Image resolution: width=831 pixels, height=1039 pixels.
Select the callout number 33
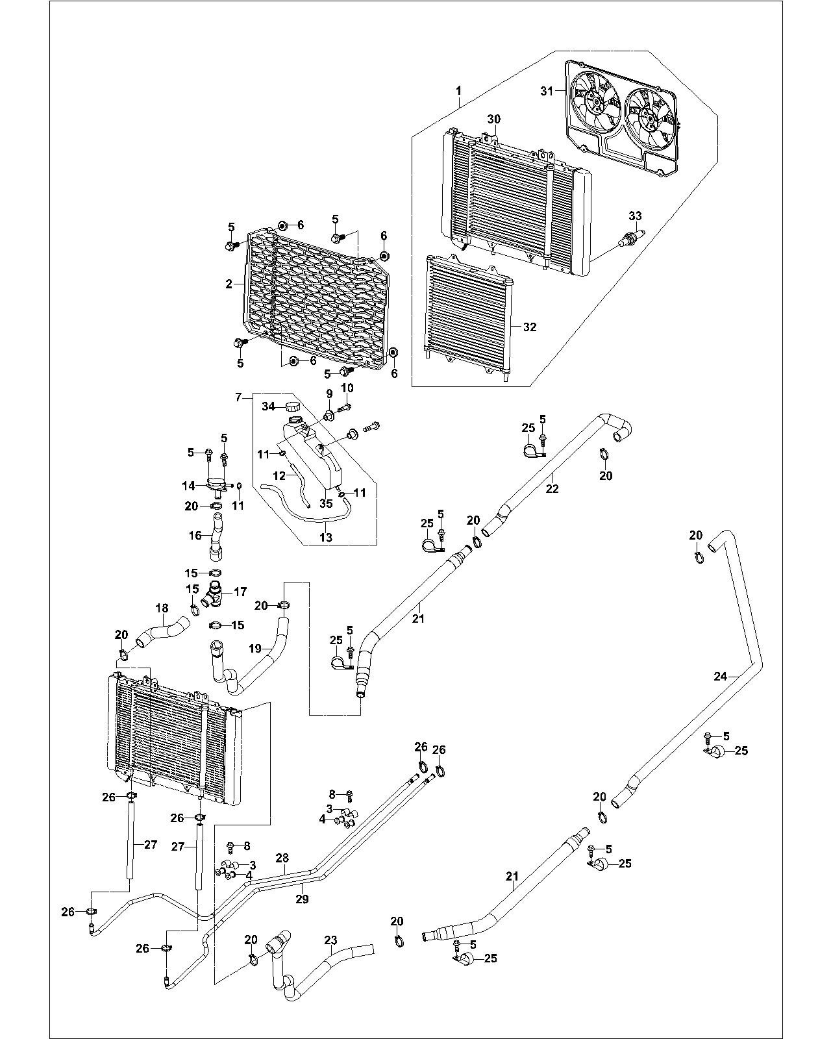tap(635, 216)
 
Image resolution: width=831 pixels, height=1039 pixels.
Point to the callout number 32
tap(530, 327)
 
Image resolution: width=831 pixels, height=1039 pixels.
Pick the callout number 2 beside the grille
tap(229, 284)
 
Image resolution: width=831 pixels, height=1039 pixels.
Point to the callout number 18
tap(162, 608)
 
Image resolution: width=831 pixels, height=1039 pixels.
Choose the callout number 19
tap(254, 647)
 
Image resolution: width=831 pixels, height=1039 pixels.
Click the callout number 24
tap(721, 676)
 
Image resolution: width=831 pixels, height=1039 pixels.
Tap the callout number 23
tap(331, 940)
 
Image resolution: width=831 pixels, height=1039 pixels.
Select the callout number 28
tap(282, 858)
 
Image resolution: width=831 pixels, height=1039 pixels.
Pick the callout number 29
tap(302, 899)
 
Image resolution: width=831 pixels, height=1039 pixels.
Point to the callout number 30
tap(494, 119)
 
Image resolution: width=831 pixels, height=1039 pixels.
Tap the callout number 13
tap(326, 537)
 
